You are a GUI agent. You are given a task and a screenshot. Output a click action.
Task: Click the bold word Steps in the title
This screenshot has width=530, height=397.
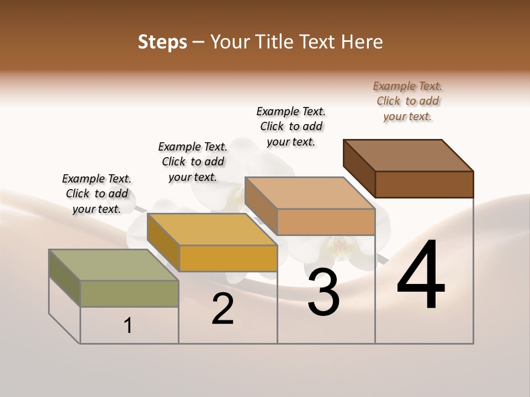click(x=162, y=42)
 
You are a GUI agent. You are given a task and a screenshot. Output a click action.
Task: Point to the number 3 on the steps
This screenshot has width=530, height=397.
click(x=324, y=292)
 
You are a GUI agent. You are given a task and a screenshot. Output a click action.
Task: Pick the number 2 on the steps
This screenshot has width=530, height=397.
click(x=223, y=309)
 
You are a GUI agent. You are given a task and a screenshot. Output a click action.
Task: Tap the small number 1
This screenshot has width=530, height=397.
click(x=128, y=326)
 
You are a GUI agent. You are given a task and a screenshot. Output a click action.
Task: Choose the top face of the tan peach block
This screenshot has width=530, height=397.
click(x=310, y=193)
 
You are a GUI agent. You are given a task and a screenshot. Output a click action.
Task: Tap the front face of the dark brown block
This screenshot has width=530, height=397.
click(x=424, y=184)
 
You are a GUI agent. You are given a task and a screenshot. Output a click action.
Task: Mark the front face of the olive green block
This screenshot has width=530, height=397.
click(x=129, y=293)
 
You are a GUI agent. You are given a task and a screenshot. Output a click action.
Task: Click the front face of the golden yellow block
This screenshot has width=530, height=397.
click(x=227, y=258)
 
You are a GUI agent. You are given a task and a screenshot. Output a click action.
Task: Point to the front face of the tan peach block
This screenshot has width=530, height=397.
click(x=326, y=222)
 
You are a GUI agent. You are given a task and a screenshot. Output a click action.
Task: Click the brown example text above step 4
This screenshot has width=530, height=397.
click(x=407, y=101)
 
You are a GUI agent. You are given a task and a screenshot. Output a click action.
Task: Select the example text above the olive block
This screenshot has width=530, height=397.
click(x=97, y=194)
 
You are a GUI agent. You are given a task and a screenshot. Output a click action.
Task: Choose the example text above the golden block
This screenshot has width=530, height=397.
click(x=193, y=162)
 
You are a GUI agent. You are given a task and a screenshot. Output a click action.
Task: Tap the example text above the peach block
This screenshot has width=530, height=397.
click(x=291, y=126)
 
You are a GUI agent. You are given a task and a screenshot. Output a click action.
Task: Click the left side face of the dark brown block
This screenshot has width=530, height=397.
click(x=359, y=168)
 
